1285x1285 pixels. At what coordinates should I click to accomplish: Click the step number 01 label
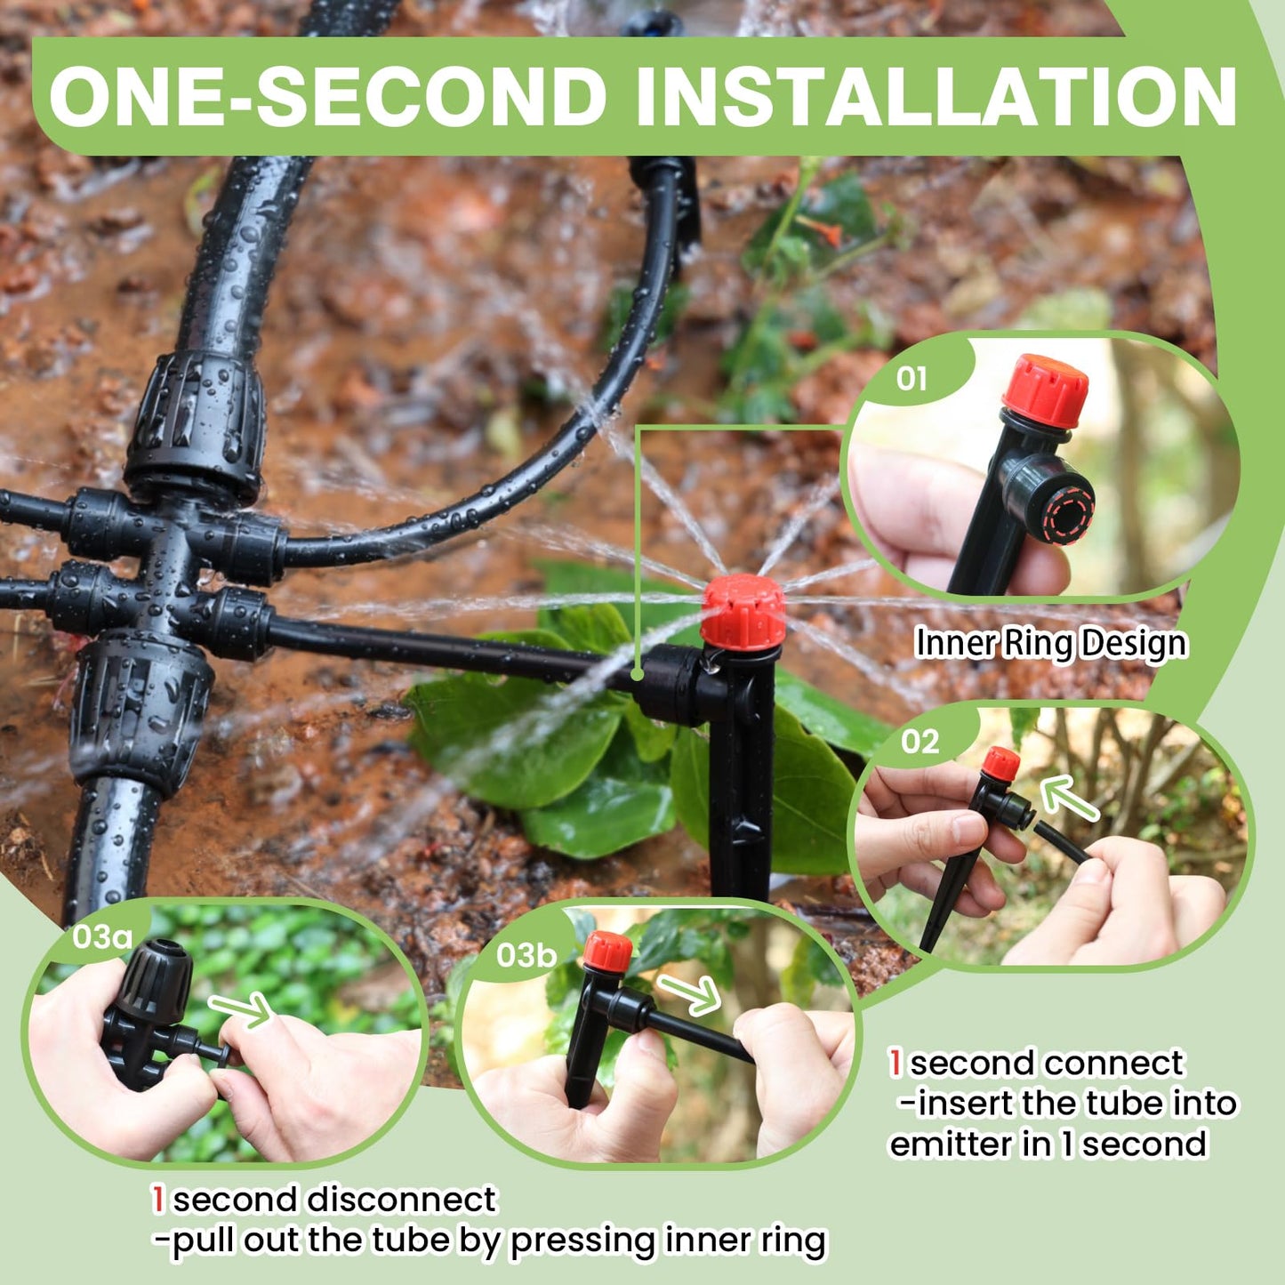point(911,379)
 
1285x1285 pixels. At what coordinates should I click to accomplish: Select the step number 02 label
point(920,741)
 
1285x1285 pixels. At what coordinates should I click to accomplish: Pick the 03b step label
point(526,955)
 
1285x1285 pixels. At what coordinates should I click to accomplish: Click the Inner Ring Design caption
point(1050,643)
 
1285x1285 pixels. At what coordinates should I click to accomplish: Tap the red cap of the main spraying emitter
point(743,612)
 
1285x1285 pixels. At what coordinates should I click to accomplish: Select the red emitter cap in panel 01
point(1045,390)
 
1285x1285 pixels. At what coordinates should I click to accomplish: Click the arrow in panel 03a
point(241,1008)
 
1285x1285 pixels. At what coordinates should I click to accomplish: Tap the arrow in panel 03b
point(689,992)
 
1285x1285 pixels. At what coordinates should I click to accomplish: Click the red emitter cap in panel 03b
point(608,952)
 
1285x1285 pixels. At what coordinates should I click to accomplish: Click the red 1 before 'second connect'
point(896,1063)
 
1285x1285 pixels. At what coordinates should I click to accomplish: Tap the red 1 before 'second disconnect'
point(158,1200)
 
